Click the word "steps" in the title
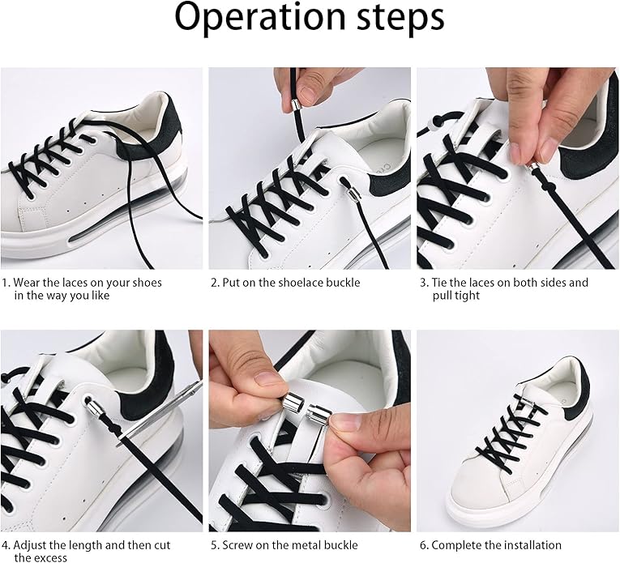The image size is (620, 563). click(401, 17)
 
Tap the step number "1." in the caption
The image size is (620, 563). click(6, 283)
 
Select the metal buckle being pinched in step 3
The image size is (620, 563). click(532, 168)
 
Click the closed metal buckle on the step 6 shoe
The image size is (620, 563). click(527, 403)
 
